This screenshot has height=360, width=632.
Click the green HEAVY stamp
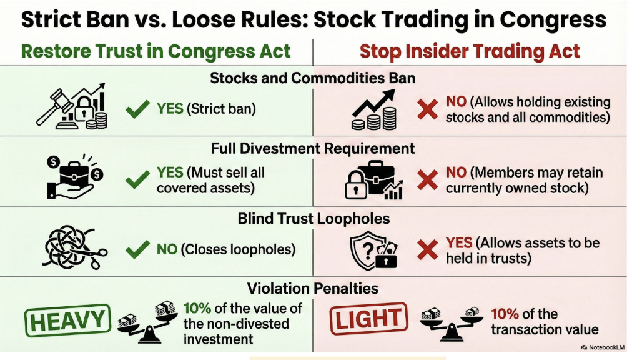[67, 321]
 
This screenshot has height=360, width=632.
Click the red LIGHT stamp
[368, 319]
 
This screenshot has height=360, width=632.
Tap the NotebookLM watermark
[602, 347]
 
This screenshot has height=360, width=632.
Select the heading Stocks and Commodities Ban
[312, 78]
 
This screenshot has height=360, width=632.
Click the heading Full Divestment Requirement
[313, 149]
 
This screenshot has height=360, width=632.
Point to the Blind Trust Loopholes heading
[314, 218]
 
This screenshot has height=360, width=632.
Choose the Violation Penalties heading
[313, 288]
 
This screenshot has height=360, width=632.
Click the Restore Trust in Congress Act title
[156, 51]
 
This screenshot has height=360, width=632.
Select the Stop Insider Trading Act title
[470, 51]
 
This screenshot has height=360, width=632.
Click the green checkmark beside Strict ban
[137, 109]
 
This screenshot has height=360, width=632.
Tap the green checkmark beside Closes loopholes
[137, 249]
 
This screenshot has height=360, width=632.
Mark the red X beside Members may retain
[427, 179]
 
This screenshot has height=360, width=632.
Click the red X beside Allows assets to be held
[427, 250]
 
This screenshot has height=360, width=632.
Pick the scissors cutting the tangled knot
[97, 256]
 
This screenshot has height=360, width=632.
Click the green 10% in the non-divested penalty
[197, 308]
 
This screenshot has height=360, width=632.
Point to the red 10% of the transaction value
[505, 314]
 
